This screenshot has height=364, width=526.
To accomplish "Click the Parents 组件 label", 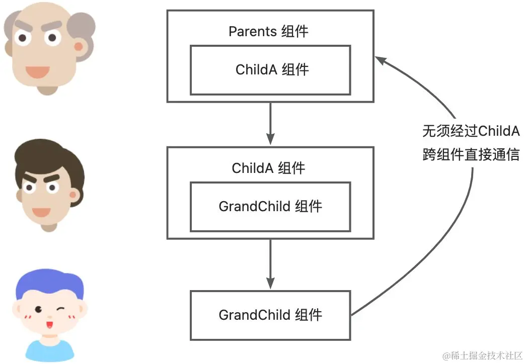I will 268,32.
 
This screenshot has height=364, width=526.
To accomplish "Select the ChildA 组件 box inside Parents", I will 270,70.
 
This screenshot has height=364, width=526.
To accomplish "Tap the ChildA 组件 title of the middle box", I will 268,168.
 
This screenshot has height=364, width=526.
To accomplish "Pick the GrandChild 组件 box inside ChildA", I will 270,206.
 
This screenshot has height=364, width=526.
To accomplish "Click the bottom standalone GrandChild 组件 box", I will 270,315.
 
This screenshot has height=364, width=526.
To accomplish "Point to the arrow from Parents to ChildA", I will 270,123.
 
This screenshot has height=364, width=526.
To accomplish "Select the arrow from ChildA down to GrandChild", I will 270,261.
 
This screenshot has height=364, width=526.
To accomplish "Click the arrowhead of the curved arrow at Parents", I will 381,60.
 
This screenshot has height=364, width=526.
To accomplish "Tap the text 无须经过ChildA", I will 470,132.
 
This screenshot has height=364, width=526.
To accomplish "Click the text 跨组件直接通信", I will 470,155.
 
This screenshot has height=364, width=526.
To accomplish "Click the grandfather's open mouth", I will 38,71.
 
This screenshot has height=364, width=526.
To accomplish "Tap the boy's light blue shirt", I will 49,352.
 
